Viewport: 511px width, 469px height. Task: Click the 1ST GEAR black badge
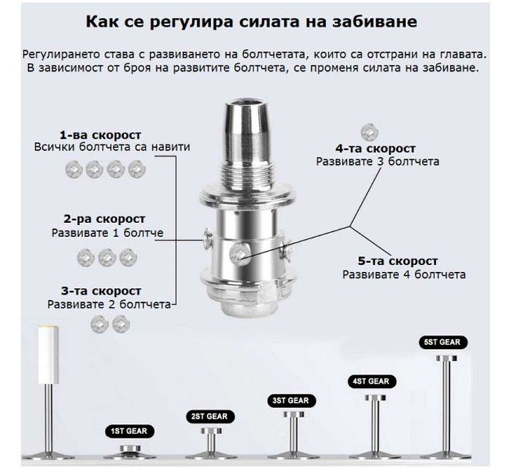(129, 431)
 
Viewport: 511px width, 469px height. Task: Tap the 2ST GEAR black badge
(210, 417)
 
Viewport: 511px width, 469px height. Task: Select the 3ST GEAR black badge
(291, 401)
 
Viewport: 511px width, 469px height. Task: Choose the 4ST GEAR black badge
(372, 381)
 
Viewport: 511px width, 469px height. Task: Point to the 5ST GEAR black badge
(443, 342)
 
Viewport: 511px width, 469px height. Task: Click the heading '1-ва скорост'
(101, 135)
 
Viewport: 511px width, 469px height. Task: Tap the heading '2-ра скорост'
(105, 219)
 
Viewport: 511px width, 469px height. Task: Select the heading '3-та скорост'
(101, 291)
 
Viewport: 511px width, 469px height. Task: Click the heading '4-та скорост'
(376, 149)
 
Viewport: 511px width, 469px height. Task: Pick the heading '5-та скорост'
(398, 261)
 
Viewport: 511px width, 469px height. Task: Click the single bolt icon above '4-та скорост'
(370, 132)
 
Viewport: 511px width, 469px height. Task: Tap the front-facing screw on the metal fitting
(239, 255)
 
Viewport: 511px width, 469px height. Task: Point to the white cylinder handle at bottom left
(48, 354)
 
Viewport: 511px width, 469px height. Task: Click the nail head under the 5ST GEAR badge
(447, 358)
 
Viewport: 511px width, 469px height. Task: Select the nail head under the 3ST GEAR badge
(294, 415)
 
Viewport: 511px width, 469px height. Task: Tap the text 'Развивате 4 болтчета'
(404, 275)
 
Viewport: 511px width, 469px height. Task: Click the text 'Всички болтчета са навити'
(112, 147)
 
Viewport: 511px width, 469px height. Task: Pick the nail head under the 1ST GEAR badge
(130, 448)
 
